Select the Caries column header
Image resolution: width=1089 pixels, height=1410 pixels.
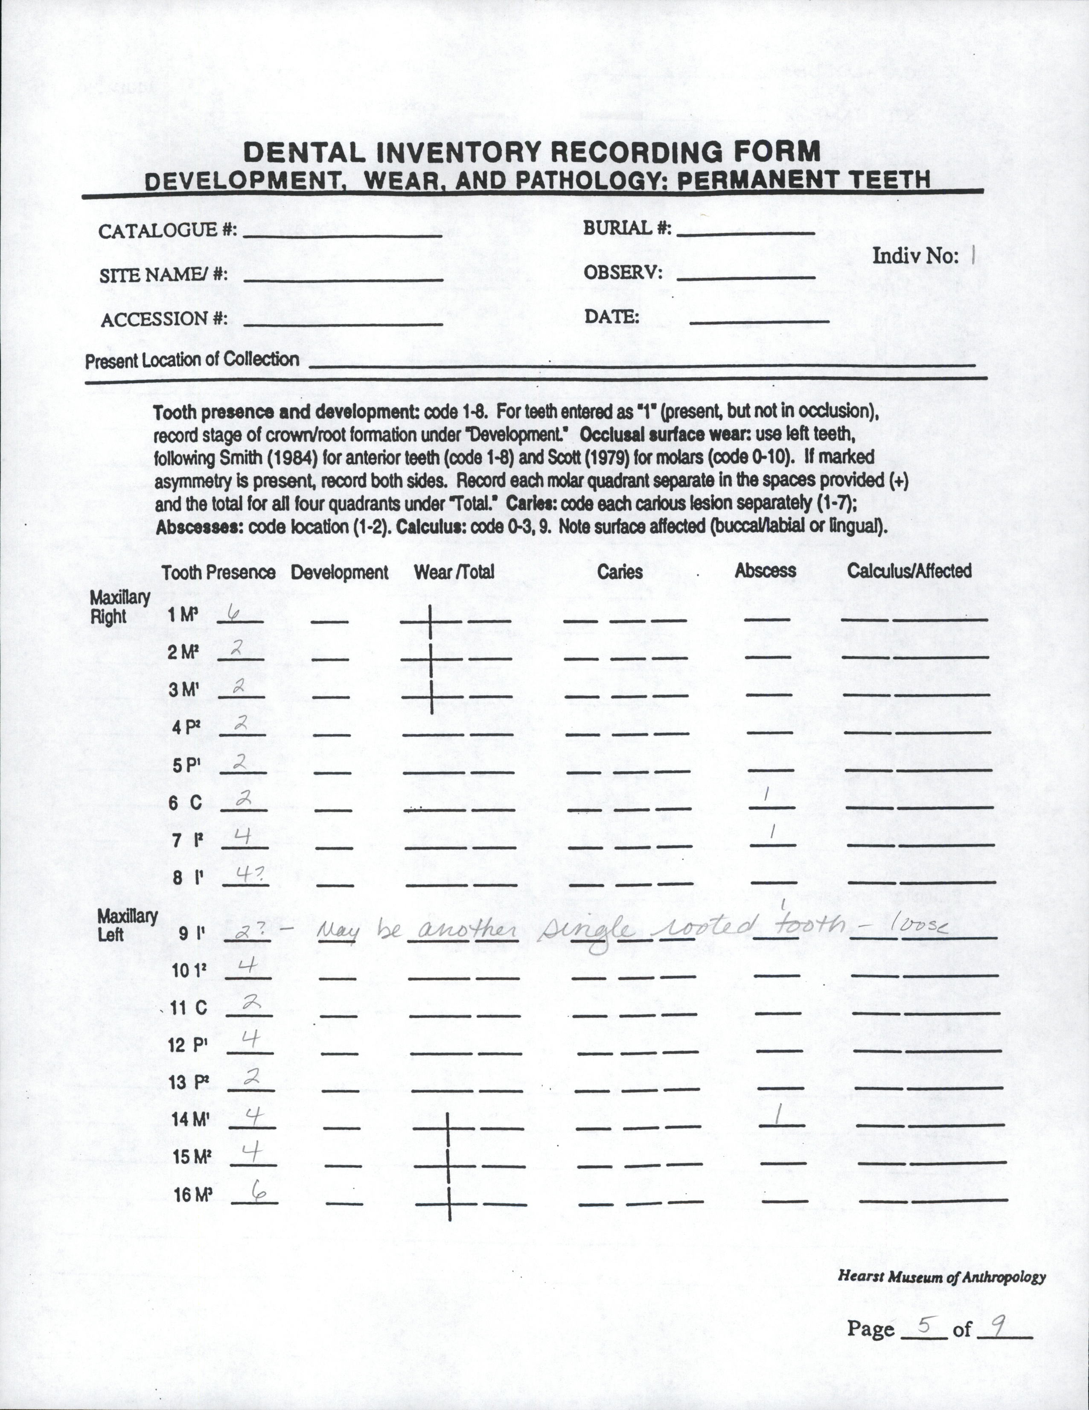pos(620,571)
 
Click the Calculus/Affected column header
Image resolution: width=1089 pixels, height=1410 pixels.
pos(909,571)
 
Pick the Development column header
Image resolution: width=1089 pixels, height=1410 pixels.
pos(340,573)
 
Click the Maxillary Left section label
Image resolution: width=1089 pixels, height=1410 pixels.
pos(127,924)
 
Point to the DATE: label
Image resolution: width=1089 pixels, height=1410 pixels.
pos(611,317)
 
